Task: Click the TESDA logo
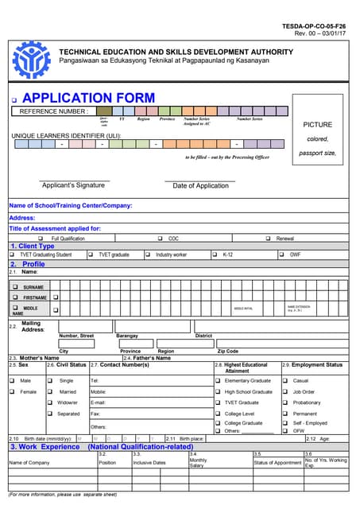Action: tap(33, 60)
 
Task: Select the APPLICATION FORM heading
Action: tap(89, 98)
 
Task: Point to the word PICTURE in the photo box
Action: tap(317, 125)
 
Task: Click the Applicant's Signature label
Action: tap(73, 185)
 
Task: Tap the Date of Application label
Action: tap(200, 185)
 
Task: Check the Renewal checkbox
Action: tap(268, 238)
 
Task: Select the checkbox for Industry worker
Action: tap(147, 254)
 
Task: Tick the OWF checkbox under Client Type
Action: tap(282, 254)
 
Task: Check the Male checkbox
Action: tap(13, 381)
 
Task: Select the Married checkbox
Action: tap(50, 392)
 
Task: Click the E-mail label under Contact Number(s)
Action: tap(99, 402)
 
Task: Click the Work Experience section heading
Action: tap(45, 447)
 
